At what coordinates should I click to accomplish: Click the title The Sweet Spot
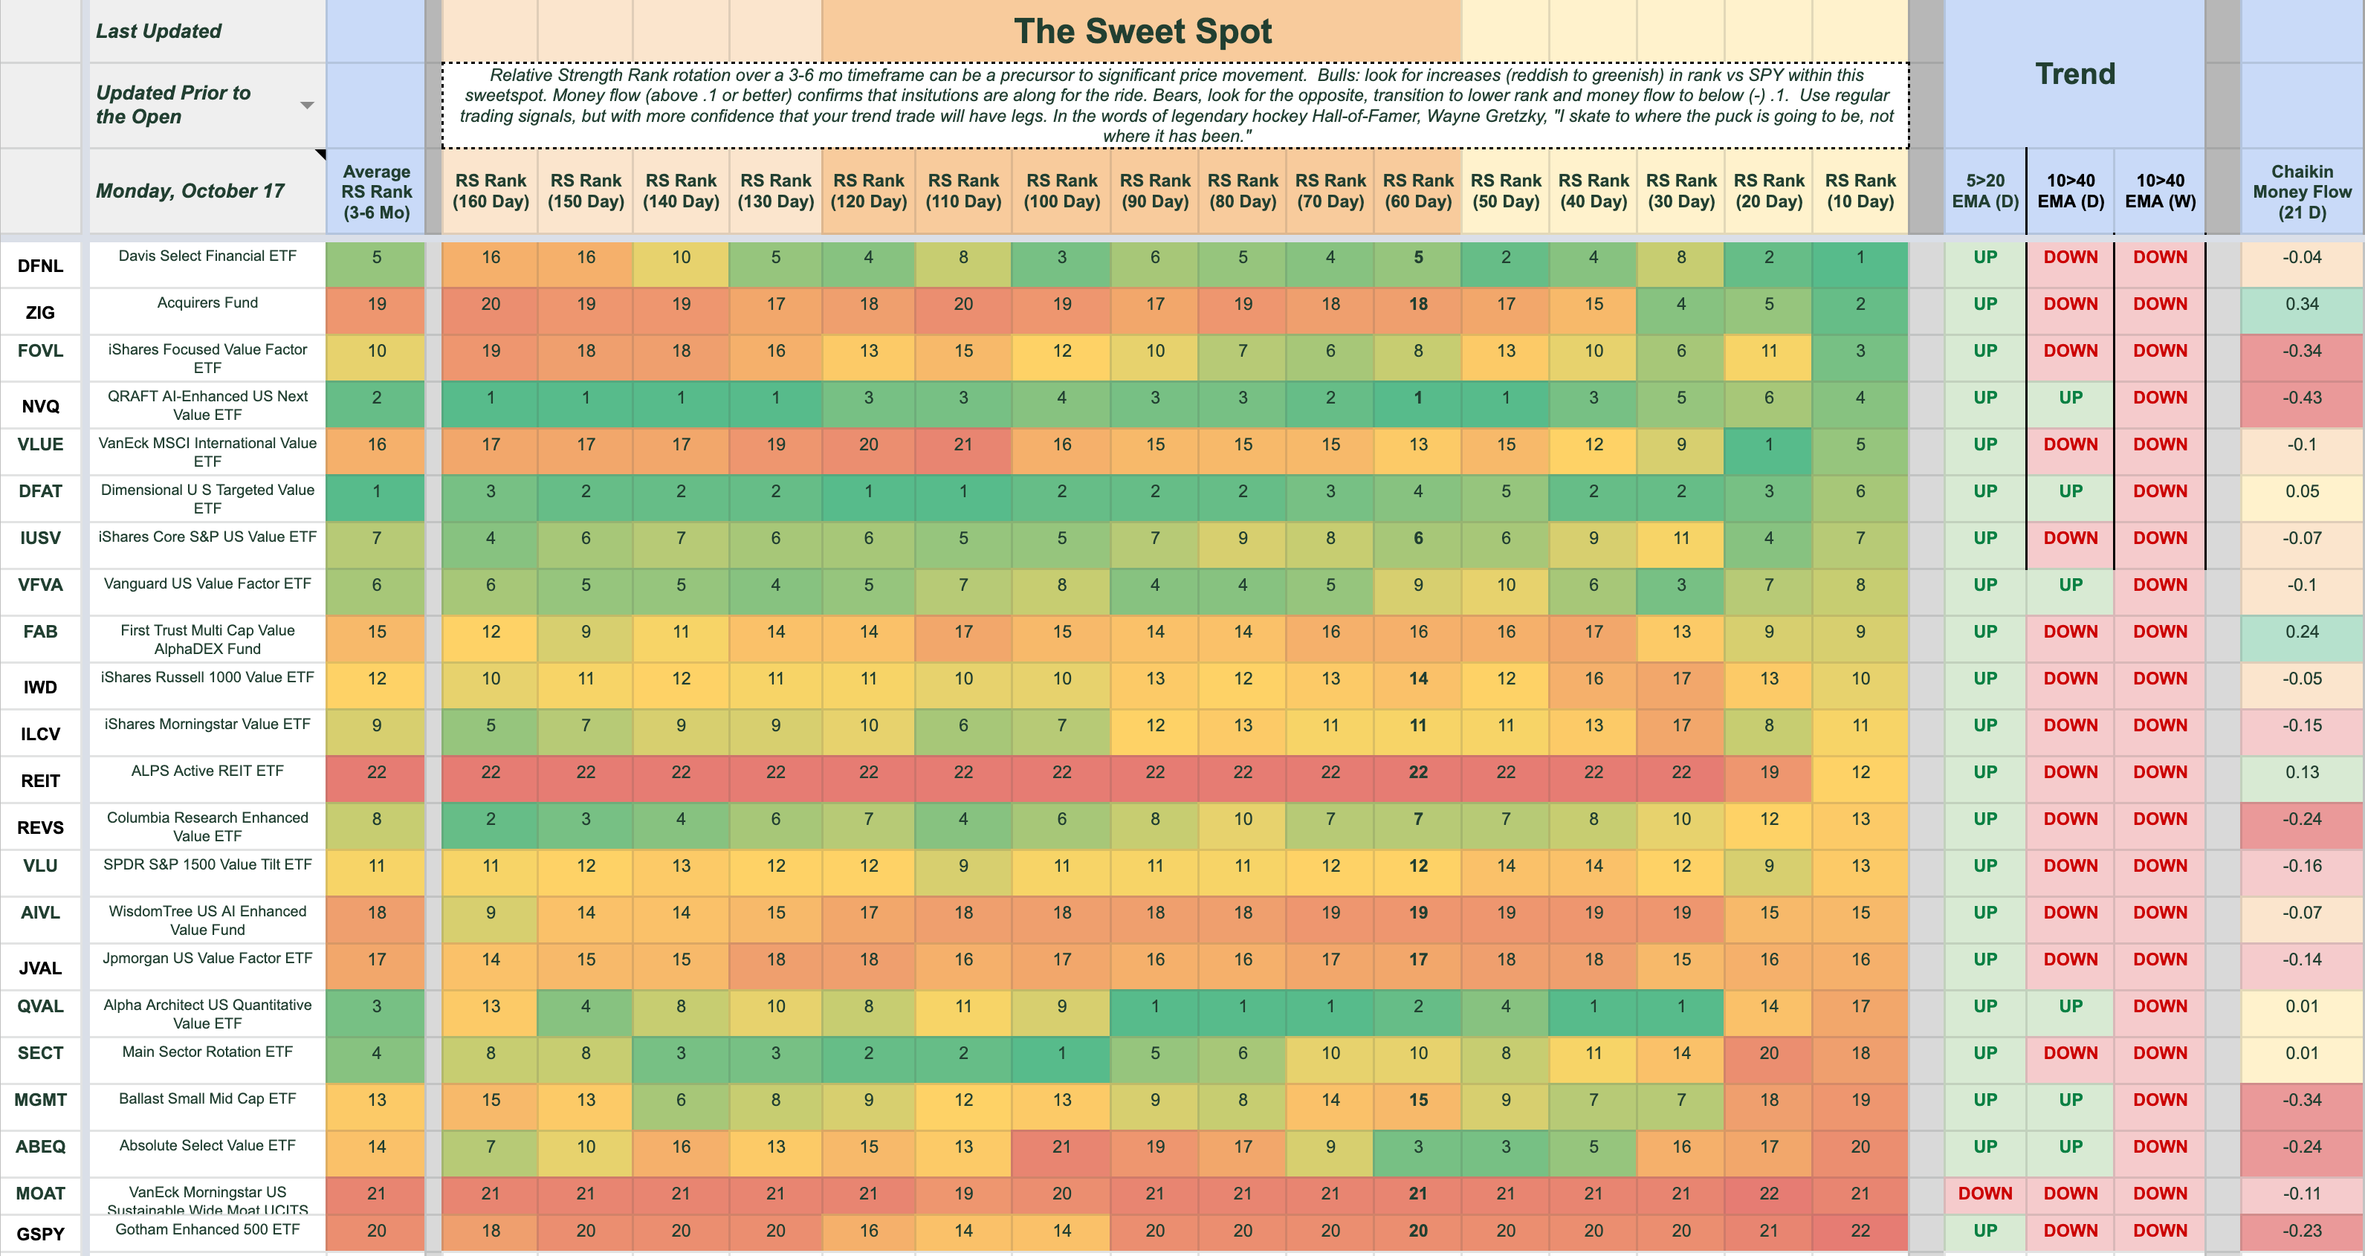pyautogui.click(x=1142, y=31)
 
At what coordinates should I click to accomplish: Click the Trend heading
pyautogui.click(x=2075, y=74)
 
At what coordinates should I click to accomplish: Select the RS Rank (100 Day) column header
pyautogui.click(x=1061, y=191)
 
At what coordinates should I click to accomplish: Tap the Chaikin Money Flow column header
pyautogui.click(x=2302, y=191)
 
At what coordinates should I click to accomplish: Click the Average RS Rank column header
pyautogui.click(x=376, y=191)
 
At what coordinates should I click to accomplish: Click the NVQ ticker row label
pyautogui.click(x=40, y=406)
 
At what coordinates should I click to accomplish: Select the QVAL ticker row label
pyautogui.click(x=40, y=1006)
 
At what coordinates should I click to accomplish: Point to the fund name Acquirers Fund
pyautogui.click(x=207, y=303)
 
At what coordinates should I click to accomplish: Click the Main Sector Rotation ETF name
pyautogui.click(x=207, y=1052)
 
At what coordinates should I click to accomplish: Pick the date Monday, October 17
pyautogui.click(x=190, y=191)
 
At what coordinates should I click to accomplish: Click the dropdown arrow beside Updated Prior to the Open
pyautogui.click(x=308, y=106)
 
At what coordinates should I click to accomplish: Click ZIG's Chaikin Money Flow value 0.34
pyautogui.click(x=2302, y=304)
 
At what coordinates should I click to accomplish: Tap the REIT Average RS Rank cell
pyautogui.click(x=376, y=772)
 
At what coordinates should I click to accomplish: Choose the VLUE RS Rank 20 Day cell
pyautogui.click(x=1768, y=444)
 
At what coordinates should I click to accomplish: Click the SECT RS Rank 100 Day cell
pyautogui.click(x=1061, y=1053)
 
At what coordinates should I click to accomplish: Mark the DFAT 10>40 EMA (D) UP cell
pyautogui.click(x=2070, y=491)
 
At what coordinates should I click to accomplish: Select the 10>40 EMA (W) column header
pyautogui.click(x=2161, y=191)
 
